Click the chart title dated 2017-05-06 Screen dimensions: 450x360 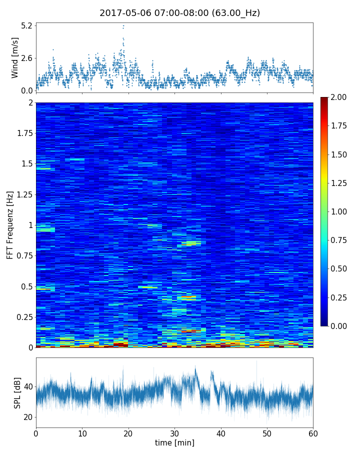179,13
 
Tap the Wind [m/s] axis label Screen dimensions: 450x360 15,57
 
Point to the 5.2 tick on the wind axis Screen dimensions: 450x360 26,25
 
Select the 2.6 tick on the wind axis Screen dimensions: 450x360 26,58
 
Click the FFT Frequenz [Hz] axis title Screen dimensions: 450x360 10,224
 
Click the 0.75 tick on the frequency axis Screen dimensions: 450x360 24,255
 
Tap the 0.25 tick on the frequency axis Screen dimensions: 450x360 24,317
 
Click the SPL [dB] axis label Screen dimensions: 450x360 17,392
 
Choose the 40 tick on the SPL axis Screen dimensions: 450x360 27,386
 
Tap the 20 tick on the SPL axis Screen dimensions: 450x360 27,417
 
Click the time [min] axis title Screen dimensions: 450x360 174,442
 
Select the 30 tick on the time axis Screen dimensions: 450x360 174,432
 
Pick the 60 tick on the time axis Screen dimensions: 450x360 313,432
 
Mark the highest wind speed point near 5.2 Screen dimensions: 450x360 123,25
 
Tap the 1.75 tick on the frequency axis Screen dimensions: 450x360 24,133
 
